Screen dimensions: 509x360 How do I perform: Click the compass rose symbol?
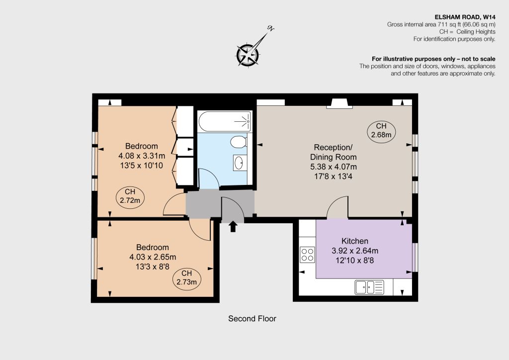pos(248,54)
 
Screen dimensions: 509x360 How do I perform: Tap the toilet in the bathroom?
pos(239,142)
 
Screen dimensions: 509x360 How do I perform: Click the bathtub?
pos(225,121)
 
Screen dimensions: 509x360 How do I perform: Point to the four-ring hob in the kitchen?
pos(307,255)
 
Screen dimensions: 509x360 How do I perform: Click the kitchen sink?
pos(369,287)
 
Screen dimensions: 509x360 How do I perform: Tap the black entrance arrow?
pos(233,226)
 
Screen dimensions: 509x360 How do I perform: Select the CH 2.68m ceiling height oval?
pos(381,130)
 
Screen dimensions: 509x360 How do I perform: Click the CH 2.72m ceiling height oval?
pos(130,197)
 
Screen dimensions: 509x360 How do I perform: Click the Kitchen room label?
pos(355,241)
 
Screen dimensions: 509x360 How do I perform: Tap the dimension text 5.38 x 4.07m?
pos(334,167)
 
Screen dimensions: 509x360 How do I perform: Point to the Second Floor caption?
pos(252,318)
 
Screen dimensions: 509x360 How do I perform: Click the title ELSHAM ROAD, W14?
pos(465,17)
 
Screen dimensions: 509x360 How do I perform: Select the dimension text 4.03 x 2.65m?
pos(153,257)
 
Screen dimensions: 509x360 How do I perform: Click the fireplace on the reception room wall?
pos(339,103)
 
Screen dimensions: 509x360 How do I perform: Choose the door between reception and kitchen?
pos(338,207)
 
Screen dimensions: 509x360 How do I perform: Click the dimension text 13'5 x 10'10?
pos(142,166)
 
